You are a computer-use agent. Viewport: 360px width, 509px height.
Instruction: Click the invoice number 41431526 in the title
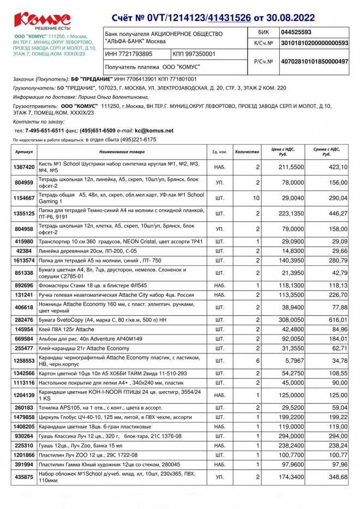(x=236, y=17)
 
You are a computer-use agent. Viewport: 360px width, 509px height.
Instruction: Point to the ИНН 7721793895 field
(x=129, y=55)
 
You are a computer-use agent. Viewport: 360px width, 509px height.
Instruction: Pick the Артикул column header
(x=25, y=152)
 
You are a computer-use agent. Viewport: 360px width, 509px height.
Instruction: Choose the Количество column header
(x=247, y=152)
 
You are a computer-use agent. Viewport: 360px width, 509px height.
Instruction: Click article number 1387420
(x=25, y=167)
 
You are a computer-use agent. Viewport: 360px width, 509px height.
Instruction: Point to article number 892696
(x=25, y=285)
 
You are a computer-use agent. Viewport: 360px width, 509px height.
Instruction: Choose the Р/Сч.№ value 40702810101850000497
(x=314, y=62)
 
